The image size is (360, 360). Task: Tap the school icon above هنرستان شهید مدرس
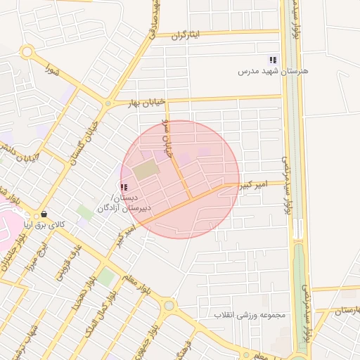pyautogui.click(x=273, y=60)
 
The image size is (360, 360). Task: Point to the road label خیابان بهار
pyautogui.click(x=145, y=103)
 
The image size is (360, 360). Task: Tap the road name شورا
pyautogui.click(x=51, y=70)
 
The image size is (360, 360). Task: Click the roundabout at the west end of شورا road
pyautogui.click(x=27, y=51)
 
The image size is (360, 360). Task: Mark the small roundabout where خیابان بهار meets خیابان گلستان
pyautogui.click(x=107, y=104)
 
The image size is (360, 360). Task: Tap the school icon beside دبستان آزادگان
pyautogui.click(x=124, y=187)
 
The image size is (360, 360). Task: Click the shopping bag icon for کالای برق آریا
pyautogui.click(x=44, y=214)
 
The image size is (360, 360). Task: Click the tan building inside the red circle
pyautogui.click(x=146, y=169)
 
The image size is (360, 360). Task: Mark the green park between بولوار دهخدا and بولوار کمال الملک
pyautogui.click(x=105, y=277)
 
